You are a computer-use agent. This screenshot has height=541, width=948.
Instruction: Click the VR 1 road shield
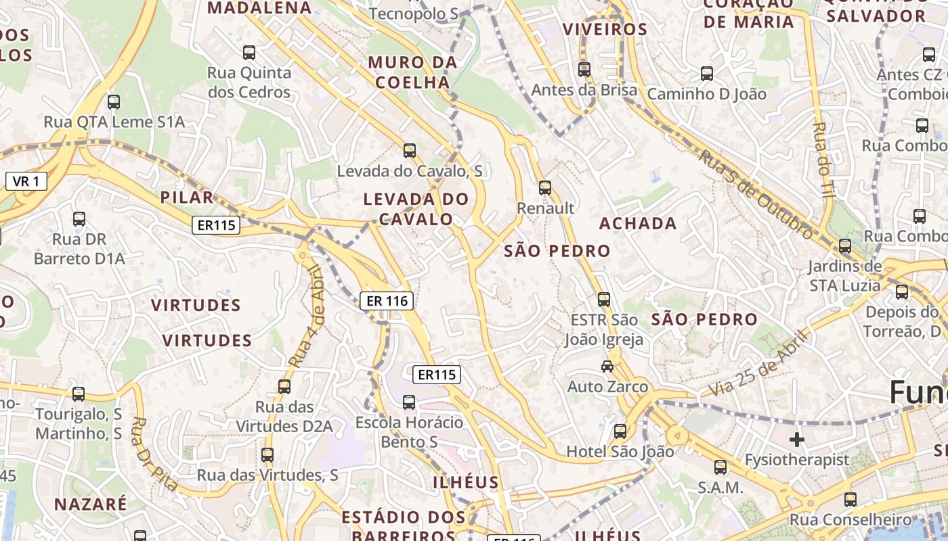(26, 181)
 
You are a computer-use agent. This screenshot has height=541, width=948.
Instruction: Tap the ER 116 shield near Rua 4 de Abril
(386, 301)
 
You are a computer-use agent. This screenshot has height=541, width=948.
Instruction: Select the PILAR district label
(187, 197)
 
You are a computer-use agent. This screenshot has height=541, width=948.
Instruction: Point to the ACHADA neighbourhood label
(638, 223)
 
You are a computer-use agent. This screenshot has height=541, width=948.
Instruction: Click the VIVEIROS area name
(605, 29)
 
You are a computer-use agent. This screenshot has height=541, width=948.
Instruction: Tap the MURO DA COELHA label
(412, 72)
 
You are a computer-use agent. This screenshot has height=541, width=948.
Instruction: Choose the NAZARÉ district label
(91, 504)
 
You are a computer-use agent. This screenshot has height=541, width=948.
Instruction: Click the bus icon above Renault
(545, 188)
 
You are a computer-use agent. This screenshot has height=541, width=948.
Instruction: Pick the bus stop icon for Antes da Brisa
(584, 69)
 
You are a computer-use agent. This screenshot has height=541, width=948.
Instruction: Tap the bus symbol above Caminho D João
(707, 73)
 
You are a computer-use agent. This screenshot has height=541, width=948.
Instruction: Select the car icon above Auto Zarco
(607, 367)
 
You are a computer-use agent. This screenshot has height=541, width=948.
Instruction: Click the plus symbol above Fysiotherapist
(796, 440)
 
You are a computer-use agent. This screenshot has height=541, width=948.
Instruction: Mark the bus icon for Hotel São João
(620, 431)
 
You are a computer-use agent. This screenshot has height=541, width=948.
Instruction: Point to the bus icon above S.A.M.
(720, 467)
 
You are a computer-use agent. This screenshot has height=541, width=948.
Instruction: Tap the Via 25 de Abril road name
(759, 363)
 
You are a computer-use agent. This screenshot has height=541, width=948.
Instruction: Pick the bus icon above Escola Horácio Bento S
(409, 402)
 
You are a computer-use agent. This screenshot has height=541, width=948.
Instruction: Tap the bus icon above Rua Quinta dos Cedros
(249, 52)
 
